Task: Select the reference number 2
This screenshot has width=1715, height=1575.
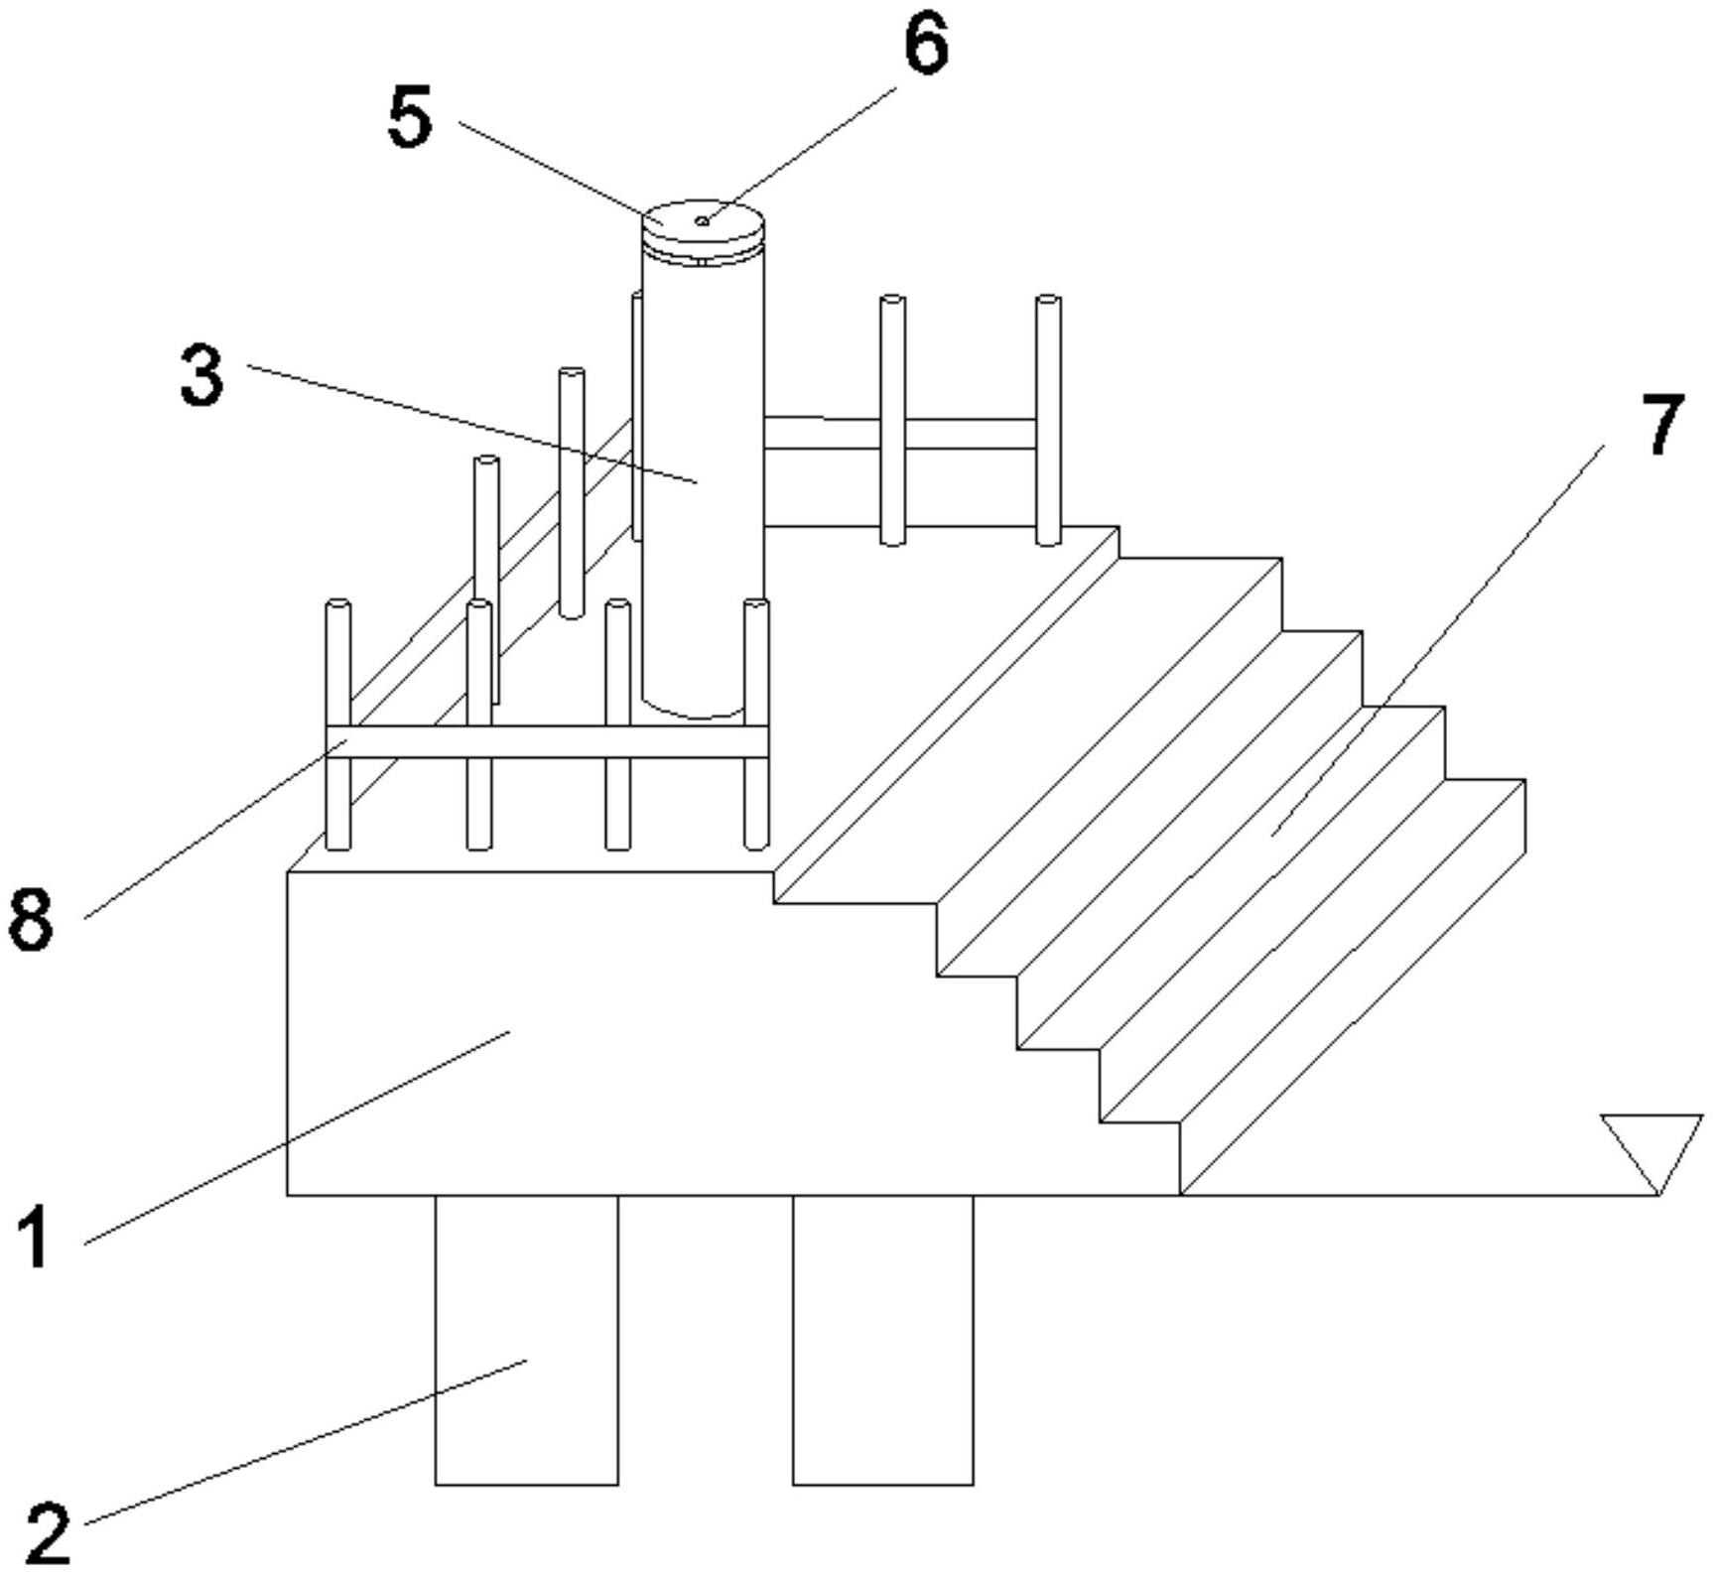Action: point(48,1533)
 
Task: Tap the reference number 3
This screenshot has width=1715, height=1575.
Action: point(202,375)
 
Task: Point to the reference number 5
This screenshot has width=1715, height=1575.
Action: point(410,116)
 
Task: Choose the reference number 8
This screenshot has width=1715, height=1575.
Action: point(30,919)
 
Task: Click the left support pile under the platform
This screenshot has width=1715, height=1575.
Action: point(527,1340)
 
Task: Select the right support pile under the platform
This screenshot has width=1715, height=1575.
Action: point(883,1340)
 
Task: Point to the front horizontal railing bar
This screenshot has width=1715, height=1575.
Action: point(548,741)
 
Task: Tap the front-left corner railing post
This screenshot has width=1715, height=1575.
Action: point(338,724)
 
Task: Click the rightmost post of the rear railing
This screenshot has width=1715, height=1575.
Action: point(1048,420)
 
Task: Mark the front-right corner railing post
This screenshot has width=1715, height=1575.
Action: point(756,724)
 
